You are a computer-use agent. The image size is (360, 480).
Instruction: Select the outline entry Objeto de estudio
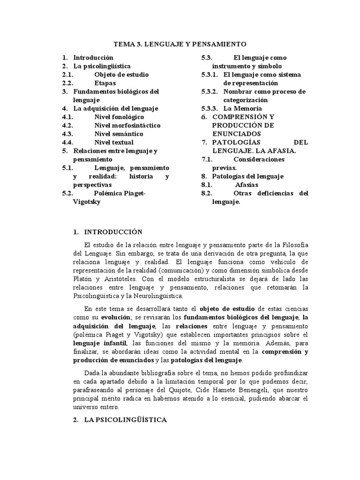click(x=121, y=75)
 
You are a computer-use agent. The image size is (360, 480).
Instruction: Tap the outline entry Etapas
click(x=105, y=83)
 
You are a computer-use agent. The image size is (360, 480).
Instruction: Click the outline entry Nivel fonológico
click(x=119, y=117)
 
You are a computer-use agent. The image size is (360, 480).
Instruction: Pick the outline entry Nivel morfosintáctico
click(x=127, y=125)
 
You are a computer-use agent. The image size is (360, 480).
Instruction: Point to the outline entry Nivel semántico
click(x=119, y=134)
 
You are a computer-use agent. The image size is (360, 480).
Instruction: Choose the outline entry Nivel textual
click(x=114, y=142)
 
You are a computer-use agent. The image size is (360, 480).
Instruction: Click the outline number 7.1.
click(x=207, y=159)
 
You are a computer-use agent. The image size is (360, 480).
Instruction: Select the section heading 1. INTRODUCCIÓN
click(x=107, y=232)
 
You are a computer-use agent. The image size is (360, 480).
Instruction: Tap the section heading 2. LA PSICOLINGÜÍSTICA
click(x=120, y=420)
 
